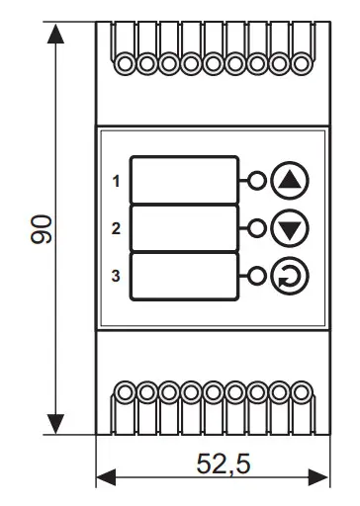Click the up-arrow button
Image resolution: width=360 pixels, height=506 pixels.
pos(290,181)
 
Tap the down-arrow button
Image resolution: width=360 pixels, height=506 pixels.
pos(290,228)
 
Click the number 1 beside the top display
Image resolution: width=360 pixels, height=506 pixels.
pos(116,181)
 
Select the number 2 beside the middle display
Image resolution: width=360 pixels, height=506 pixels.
pos(116,228)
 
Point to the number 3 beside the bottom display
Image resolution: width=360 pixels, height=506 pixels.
pos(116,276)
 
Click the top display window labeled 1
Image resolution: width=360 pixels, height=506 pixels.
pos(184,180)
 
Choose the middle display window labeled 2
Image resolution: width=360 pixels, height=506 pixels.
pos(184,228)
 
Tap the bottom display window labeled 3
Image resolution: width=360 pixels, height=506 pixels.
pos(184,277)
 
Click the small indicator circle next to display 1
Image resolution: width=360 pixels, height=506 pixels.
pos(257,181)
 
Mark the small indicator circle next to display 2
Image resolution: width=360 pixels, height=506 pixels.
pos(257,228)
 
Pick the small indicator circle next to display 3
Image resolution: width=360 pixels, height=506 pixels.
pos(257,276)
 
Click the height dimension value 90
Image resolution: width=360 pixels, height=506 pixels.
pos(41,229)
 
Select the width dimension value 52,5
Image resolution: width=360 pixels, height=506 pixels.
pos(224,464)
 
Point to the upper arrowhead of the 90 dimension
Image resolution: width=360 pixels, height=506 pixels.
pos(55,34)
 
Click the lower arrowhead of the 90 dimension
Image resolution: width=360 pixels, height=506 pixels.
pos(55,424)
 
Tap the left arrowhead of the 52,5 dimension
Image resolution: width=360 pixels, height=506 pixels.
pos(106,477)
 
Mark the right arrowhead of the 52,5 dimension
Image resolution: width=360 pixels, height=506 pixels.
pos(318,477)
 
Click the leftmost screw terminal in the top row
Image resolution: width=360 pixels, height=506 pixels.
pos(125,63)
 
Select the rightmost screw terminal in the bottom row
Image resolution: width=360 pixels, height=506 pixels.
pos(301,392)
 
